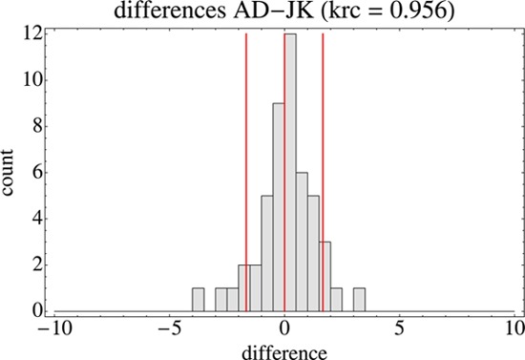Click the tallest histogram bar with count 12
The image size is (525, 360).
point(290,172)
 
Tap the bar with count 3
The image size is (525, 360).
point(325,277)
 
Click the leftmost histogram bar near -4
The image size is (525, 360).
point(198,300)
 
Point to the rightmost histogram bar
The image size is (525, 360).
point(359,300)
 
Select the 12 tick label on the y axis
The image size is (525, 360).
point(31,33)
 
